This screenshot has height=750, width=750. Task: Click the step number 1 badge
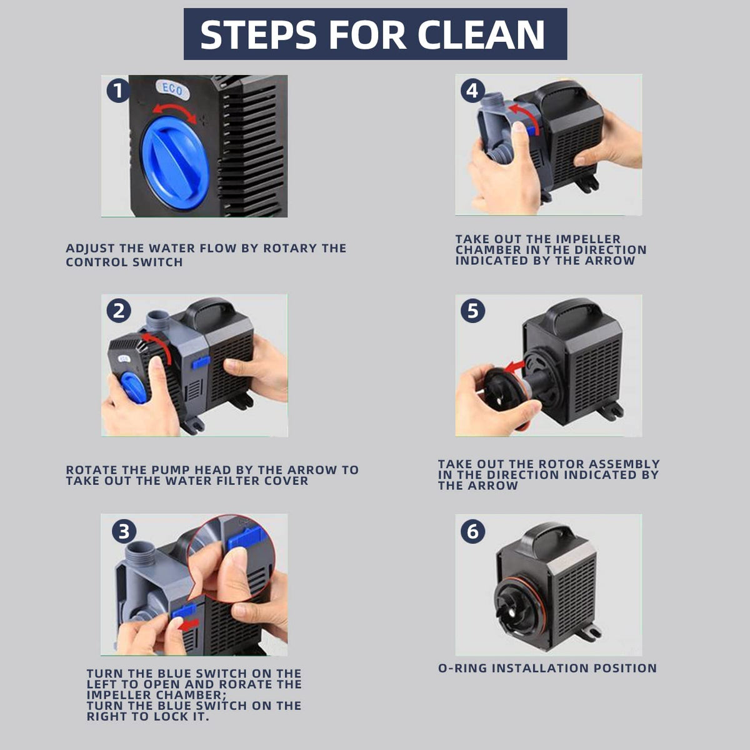[x=118, y=91]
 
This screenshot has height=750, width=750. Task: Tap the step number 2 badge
[x=119, y=311]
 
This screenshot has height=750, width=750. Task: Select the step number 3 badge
[x=124, y=531]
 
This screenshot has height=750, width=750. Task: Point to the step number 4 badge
[x=472, y=91]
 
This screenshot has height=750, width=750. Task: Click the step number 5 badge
[x=473, y=311]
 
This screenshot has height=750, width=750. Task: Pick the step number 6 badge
[x=473, y=531]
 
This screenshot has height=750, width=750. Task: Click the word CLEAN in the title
[x=481, y=34]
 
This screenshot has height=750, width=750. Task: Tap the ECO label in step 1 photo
[x=172, y=89]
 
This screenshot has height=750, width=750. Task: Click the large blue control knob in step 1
[x=175, y=158]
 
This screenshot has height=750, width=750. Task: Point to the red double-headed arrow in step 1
[x=174, y=107]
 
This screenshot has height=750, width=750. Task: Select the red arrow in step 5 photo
[x=514, y=366]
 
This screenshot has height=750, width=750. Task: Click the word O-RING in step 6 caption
[x=462, y=668]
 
